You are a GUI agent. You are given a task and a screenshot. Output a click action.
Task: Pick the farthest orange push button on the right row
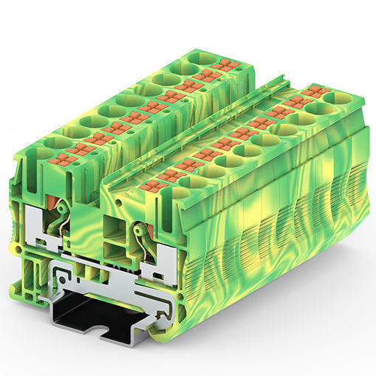coord(319,91)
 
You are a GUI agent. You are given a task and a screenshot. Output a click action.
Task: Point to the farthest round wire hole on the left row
coord(198,57)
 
